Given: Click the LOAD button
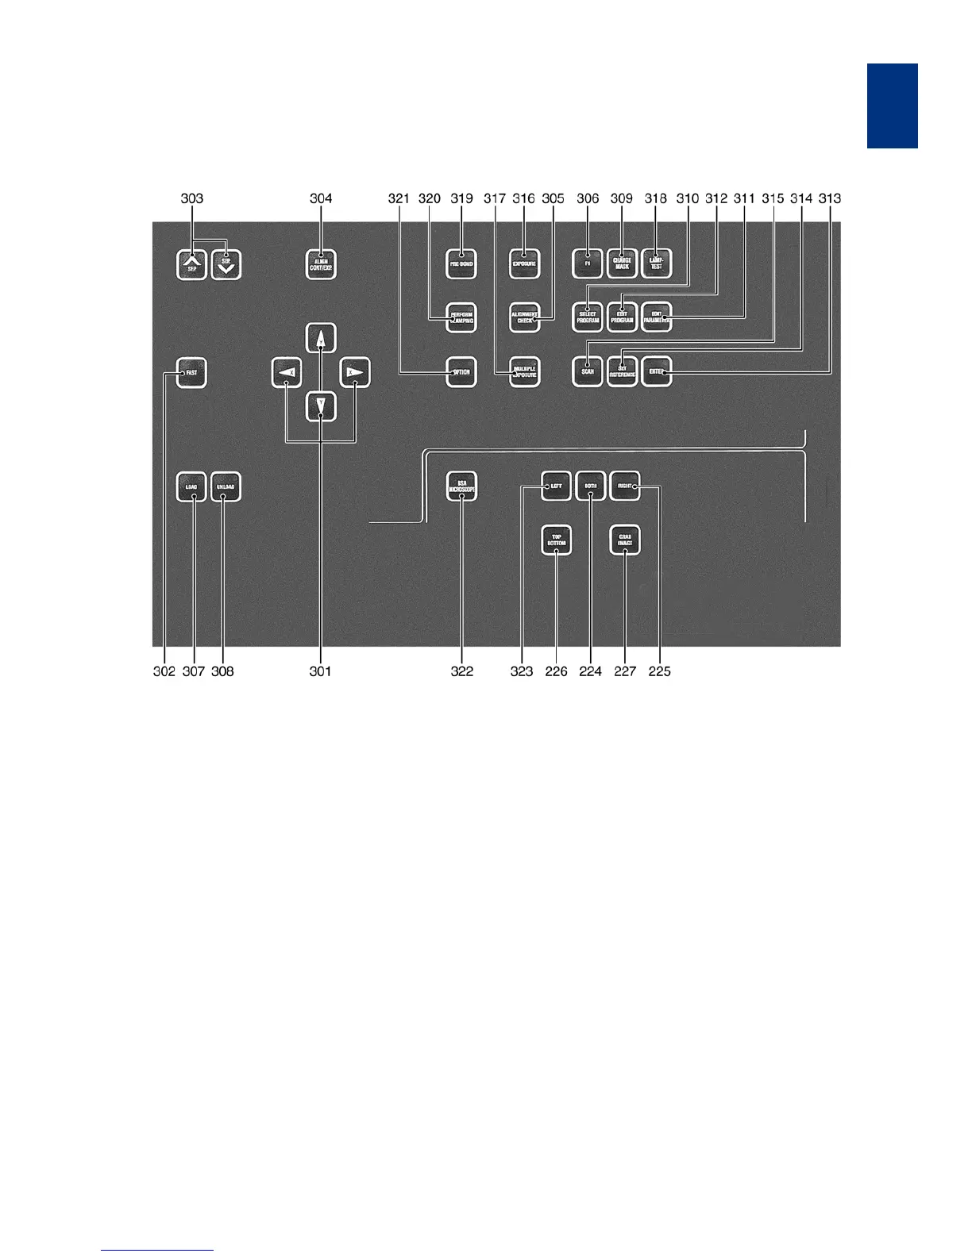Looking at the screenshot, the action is pos(191,486).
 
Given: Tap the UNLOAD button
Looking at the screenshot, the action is pos(226,486).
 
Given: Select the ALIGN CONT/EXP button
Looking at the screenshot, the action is pos(321,264).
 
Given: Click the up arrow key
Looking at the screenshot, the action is pos(321,338).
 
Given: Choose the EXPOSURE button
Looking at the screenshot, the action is pos(524,263).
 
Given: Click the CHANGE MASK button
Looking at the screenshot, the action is pos(622,263).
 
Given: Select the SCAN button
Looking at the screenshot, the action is pos(587,372).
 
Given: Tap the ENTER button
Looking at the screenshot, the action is pos(657,372).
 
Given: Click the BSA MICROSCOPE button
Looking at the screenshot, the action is pos(461,486).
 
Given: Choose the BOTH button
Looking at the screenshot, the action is pos(590,486).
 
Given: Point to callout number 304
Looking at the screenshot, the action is pos(321,198).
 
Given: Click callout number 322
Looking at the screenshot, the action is pos(462,671).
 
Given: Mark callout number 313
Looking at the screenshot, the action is pos(830,198).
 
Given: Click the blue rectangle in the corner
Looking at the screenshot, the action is pos(892,106).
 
